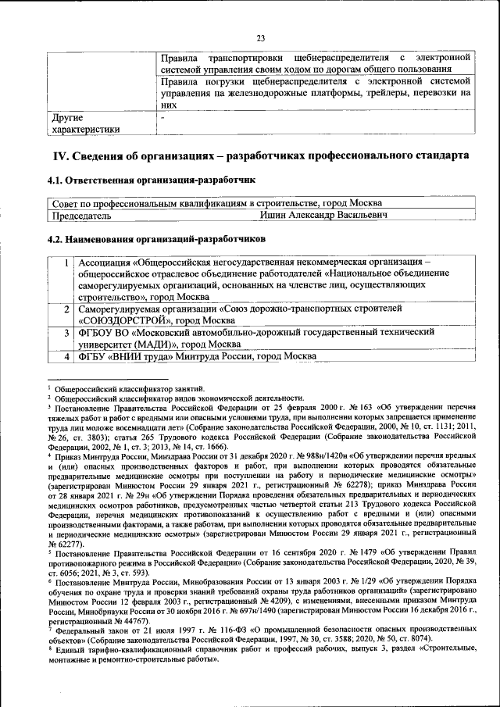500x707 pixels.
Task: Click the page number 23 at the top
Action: point(261,37)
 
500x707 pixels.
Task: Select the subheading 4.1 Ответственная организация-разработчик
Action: point(152,180)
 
